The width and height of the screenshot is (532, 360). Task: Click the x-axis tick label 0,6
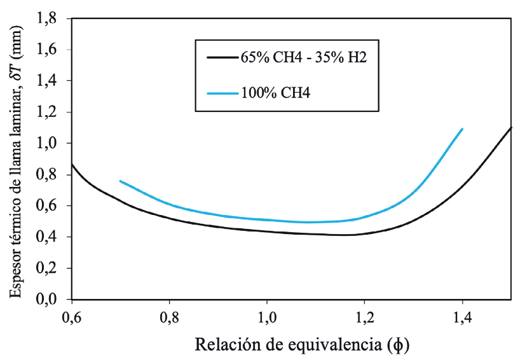72,317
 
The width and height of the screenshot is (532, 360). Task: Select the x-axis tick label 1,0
267,317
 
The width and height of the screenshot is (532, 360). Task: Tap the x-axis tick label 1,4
463,317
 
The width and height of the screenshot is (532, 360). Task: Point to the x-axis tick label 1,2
365,317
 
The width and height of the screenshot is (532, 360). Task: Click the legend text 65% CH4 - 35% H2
304,58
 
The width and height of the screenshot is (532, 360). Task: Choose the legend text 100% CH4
275,93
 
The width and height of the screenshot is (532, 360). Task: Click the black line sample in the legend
222,58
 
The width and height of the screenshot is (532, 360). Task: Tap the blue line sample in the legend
222,93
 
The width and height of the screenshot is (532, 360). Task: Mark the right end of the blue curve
463,129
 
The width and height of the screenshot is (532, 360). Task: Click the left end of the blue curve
120,181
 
